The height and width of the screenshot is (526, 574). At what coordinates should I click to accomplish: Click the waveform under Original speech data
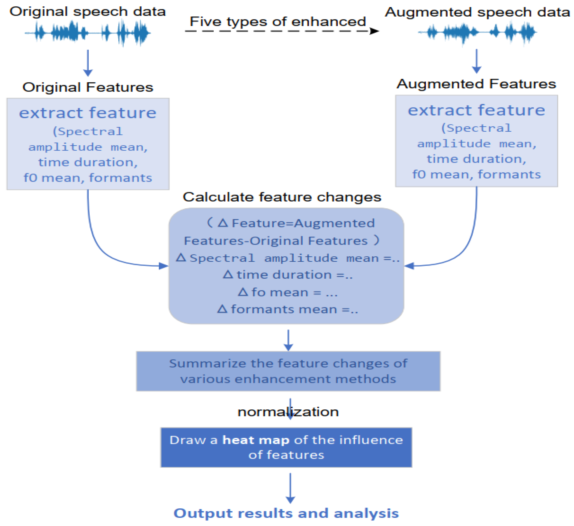pyautogui.click(x=87, y=33)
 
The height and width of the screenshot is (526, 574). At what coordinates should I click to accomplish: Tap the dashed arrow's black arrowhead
pyautogui.click(x=374, y=31)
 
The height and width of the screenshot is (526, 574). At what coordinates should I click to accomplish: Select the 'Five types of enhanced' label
pyautogui.click(x=278, y=21)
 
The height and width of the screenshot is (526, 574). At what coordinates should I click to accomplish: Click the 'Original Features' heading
pyautogui.click(x=88, y=87)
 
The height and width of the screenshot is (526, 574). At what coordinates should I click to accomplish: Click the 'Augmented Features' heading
pyautogui.click(x=476, y=84)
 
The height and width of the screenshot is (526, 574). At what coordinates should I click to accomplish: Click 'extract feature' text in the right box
pyautogui.click(x=476, y=110)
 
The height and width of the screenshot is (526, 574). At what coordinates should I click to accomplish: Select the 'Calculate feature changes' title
pyautogui.click(x=282, y=197)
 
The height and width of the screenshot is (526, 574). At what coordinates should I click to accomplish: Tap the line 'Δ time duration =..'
pyautogui.click(x=288, y=275)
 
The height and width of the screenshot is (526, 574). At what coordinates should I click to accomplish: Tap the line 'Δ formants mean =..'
pyautogui.click(x=288, y=309)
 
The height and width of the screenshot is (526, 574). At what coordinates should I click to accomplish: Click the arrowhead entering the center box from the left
pyautogui.click(x=164, y=266)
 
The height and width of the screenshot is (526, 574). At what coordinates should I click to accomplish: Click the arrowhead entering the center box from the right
pyautogui.click(x=409, y=266)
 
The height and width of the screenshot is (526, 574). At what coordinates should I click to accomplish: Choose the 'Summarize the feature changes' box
pyautogui.click(x=288, y=371)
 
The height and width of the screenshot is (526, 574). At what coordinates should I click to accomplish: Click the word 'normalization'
pyautogui.click(x=288, y=412)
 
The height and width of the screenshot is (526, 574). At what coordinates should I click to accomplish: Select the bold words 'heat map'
pyautogui.click(x=256, y=440)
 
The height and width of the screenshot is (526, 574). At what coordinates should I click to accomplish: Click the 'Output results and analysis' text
pyautogui.click(x=286, y=513)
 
